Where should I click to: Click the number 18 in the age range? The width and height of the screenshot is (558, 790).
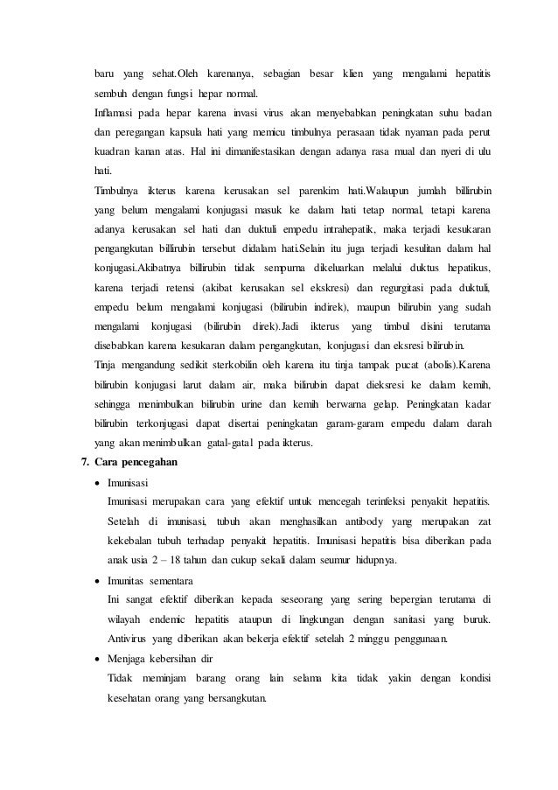click(173, 560)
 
